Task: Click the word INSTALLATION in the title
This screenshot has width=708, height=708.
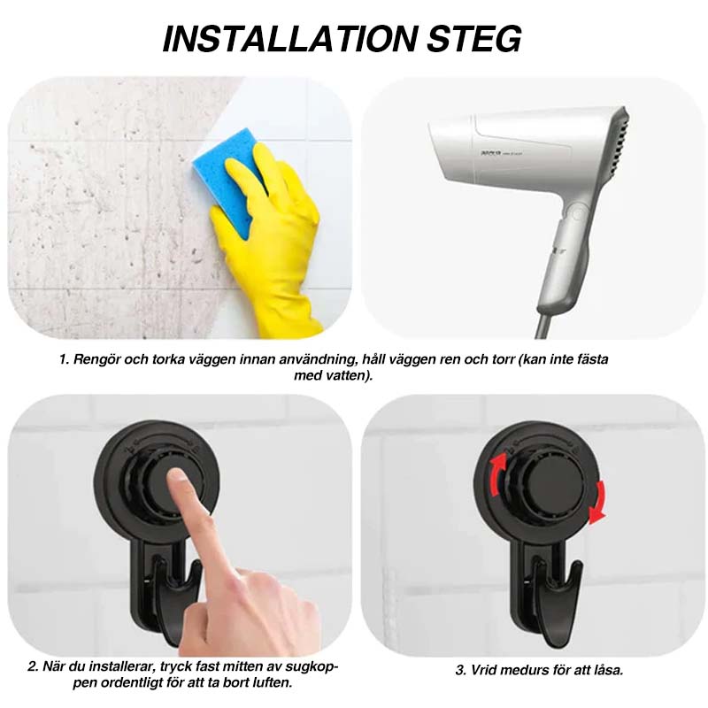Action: point(289,39)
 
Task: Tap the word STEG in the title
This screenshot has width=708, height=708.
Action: point(474,39)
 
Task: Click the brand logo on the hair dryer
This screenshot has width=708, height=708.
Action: point(490,154)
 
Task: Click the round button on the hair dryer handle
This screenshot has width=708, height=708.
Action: point(577,212)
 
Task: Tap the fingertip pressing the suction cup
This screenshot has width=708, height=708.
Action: point(176,479)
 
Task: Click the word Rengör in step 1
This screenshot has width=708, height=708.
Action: point(96,360)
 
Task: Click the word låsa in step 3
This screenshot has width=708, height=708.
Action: point(606,670)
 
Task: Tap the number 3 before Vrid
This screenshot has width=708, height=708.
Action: point(460,670)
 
